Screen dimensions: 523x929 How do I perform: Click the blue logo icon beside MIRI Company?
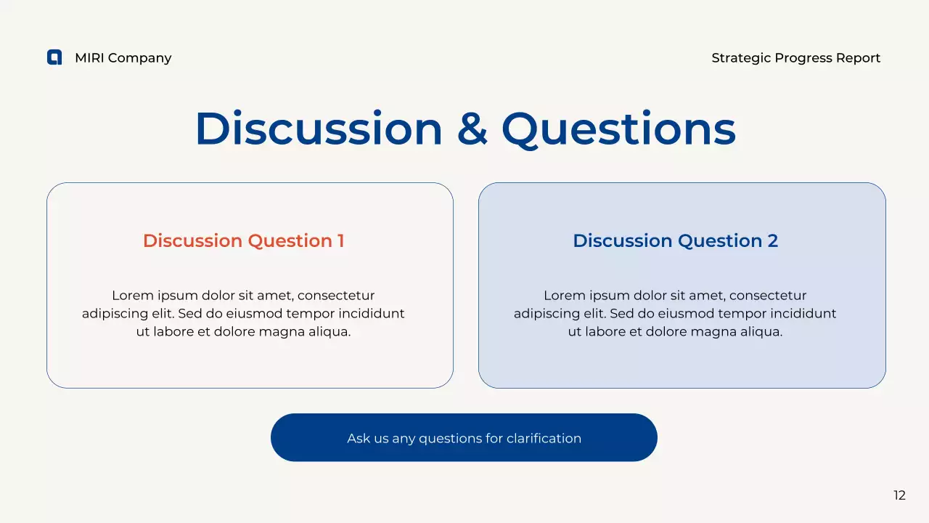coord(54,57)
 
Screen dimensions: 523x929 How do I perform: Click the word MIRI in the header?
coord(89,58)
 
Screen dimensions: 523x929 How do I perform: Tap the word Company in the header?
coord(139,58)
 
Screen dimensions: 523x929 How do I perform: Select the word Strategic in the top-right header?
coord(741,58)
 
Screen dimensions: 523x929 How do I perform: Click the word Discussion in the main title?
coord(319,129)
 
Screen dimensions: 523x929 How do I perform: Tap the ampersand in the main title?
coord(472,129)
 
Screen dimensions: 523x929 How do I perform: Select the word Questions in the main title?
coord(618,129)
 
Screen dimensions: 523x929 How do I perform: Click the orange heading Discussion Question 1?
coord(243,241)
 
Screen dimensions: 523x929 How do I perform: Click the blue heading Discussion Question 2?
coord(675,241)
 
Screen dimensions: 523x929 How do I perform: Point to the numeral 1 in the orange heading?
coord(340,241)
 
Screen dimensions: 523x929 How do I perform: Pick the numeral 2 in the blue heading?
coord(772,241)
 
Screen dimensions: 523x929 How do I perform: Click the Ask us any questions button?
coord(464,438)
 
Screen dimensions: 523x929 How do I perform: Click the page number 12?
coord(899,495)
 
